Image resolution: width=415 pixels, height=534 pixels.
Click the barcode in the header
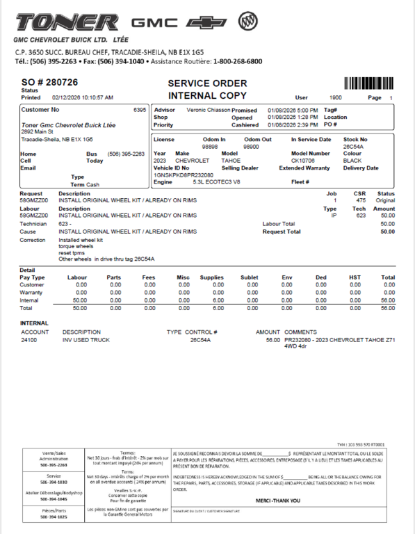click(370, 84)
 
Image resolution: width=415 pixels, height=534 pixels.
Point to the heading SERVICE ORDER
click(207, 83)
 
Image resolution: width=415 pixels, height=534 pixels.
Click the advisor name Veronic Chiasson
click(209, 110)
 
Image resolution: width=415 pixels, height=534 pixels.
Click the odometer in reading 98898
click(210, 147)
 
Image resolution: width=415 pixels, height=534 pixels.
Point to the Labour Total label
click(278, 224)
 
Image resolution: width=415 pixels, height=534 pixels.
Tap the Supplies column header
click(212, 277)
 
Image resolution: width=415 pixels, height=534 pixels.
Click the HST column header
click(355, 277)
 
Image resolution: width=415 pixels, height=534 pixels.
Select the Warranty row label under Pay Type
click(32, 293)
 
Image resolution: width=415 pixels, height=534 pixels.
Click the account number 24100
click(29, 340)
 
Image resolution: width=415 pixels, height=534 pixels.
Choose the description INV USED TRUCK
click(86, 340)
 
